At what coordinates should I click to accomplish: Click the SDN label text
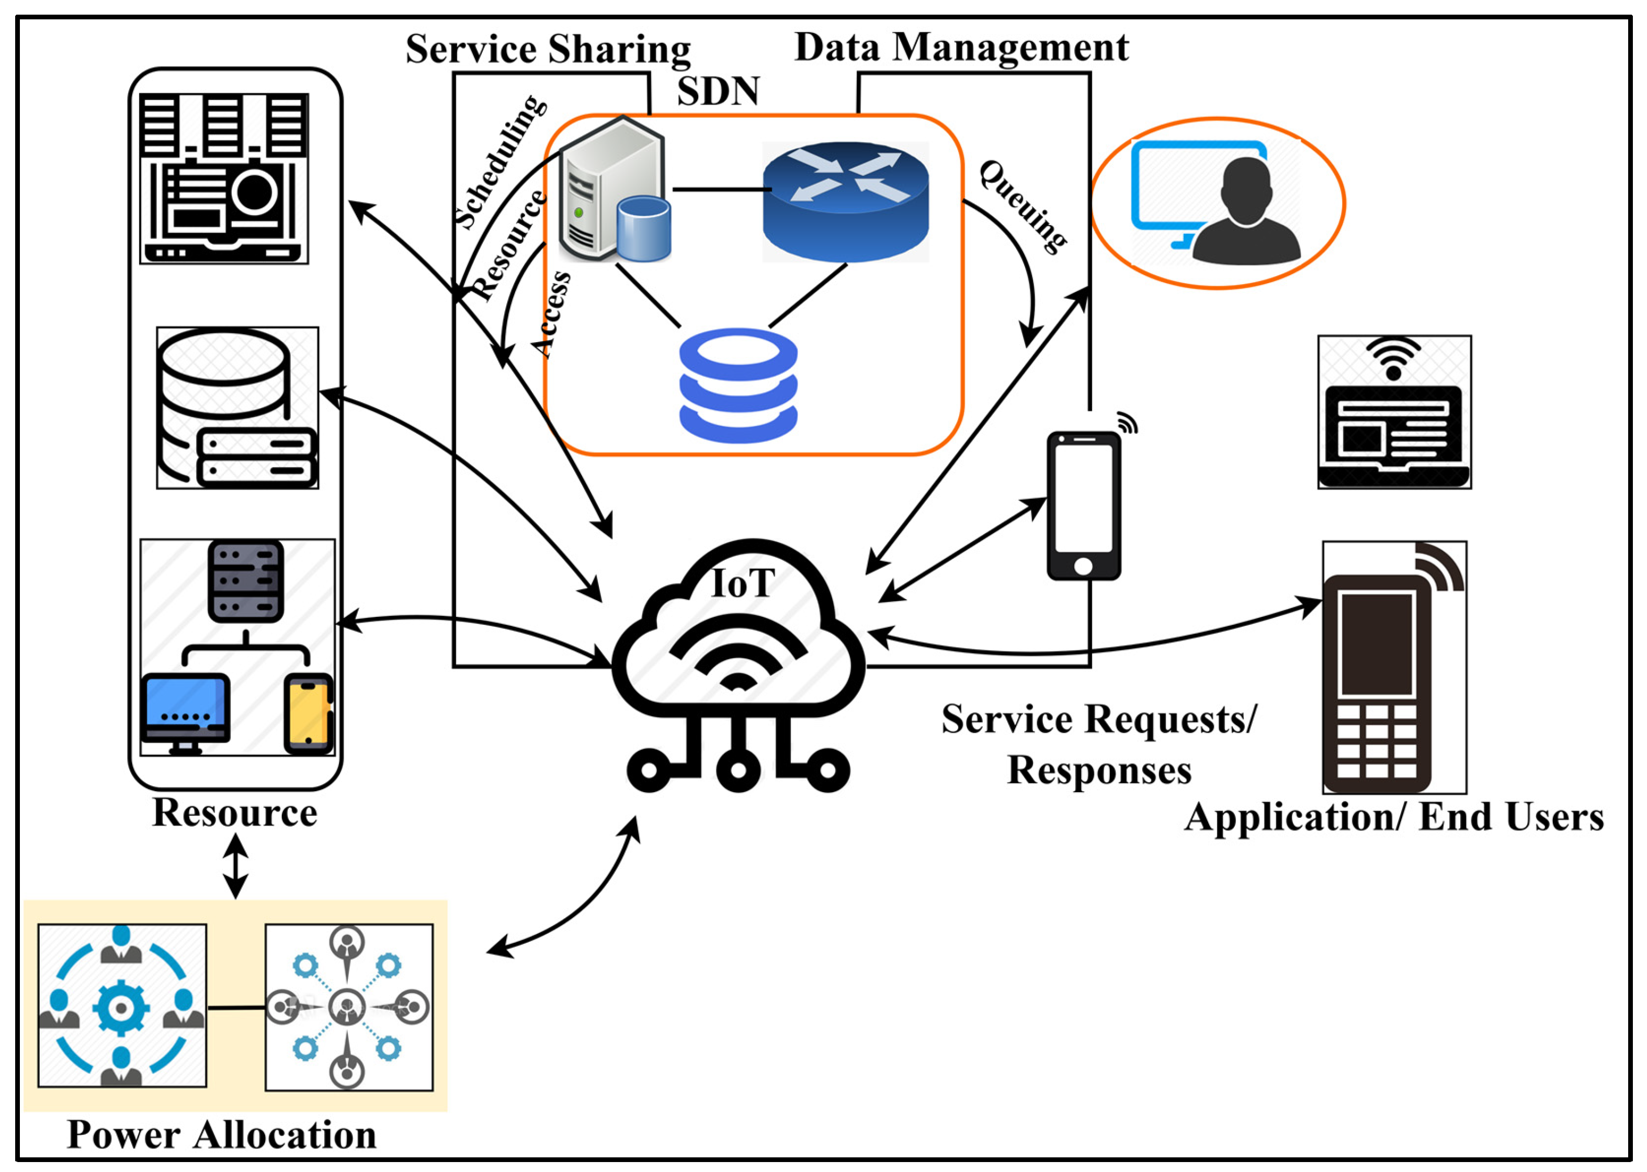click(717, 92)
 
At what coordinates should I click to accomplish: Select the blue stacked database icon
click(738, 386)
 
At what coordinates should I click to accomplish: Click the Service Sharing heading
click(548, 50)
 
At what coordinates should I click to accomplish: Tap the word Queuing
click(1024, 206)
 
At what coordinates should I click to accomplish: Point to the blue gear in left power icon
click(121, 1008)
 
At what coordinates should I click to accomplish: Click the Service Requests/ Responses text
click(1099, 744)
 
